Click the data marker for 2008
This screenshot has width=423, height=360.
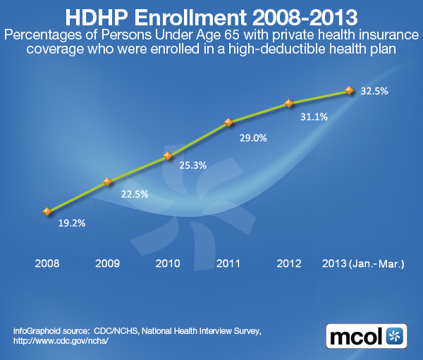(47, 211)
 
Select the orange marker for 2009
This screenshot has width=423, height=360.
(108, 181)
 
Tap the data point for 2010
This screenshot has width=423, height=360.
(168, 156)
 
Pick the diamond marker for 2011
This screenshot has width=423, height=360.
(228, 123)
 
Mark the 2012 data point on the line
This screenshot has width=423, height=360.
(288, 104)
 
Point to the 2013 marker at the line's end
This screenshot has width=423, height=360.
(348, 90)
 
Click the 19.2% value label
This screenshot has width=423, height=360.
(71, 225)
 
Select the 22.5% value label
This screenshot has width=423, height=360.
(133, 194)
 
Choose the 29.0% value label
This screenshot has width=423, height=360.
(253, 138)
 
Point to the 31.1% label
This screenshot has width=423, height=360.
(314, 117)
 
